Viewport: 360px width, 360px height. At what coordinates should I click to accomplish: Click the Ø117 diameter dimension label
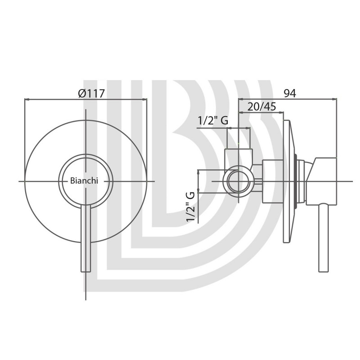[x=91, y=93]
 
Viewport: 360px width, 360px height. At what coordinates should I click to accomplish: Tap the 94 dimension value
[x=290, y=93]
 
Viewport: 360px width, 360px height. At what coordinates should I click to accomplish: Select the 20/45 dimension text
[x=262, y=107]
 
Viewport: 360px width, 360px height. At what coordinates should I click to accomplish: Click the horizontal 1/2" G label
[x=213, y=120]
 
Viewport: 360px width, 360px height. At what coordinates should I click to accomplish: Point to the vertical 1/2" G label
[x=191, y=207]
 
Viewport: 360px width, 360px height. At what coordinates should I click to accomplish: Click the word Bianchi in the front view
[x=84, y=181]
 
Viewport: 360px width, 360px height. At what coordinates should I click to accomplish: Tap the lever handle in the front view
[x=86, y=238]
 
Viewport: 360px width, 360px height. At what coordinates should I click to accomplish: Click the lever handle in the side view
[x=324, y=238]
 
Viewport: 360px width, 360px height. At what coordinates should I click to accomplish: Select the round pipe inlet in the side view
[x=239, y=181]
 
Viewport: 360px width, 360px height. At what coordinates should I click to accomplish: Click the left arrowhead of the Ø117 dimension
[x=27, y=99]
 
